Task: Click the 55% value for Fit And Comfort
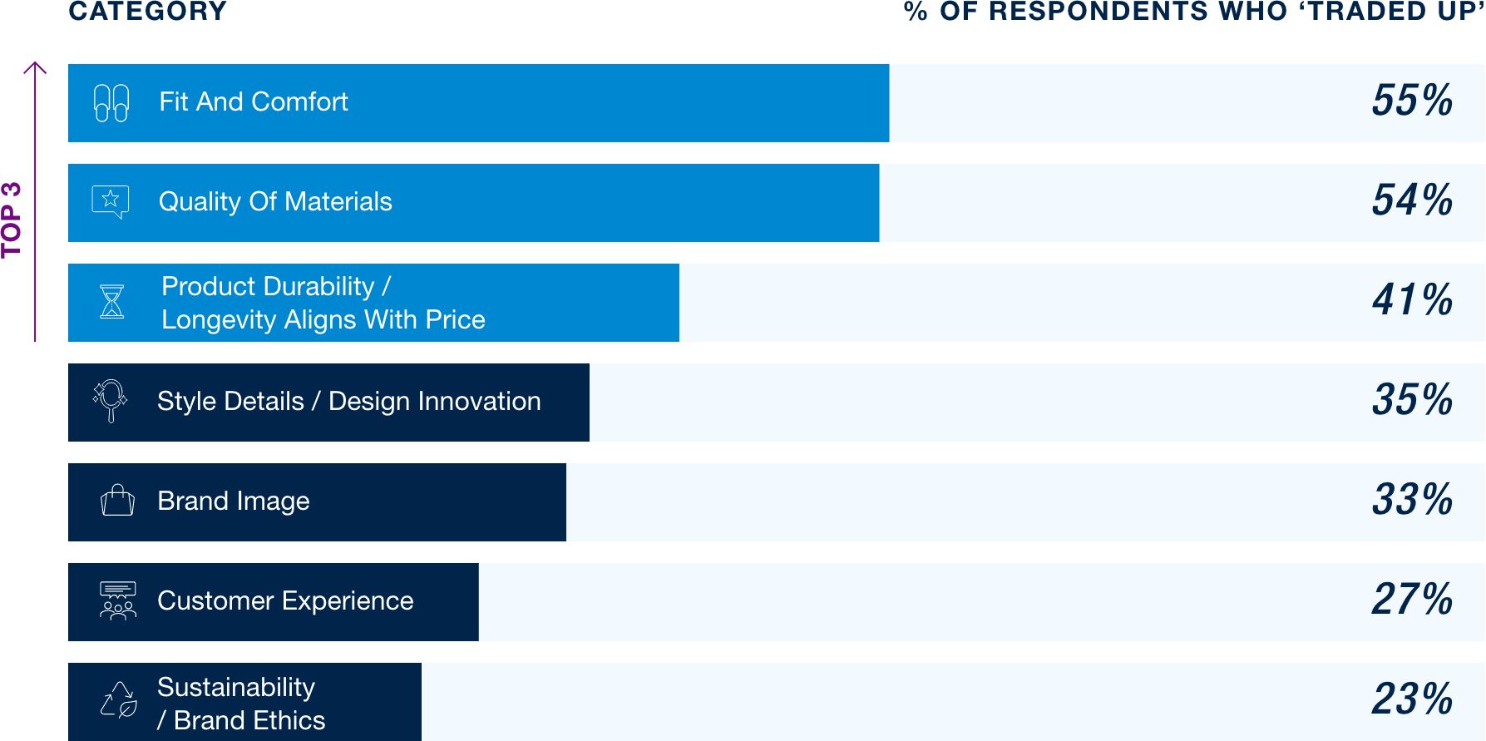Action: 1412,101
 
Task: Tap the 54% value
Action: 1412,200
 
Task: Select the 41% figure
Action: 1412,300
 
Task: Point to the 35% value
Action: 1412,400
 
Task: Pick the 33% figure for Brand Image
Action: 1412,500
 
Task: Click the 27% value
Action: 1412,600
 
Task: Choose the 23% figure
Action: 1412,699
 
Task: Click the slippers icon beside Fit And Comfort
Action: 111,103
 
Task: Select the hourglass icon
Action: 112,301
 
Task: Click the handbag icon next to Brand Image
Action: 117,500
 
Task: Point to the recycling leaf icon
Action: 119,699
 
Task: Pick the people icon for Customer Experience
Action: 118,600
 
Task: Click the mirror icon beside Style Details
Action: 111,401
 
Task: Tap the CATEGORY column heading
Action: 148,12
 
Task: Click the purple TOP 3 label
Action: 12,220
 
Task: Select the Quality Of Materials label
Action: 275,202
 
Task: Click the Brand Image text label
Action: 234,501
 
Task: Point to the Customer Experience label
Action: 285,600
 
